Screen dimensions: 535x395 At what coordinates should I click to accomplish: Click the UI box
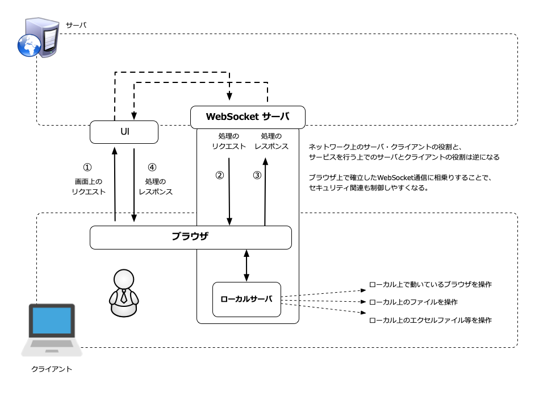[x=124, y=132]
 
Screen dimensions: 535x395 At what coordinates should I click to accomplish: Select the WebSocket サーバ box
[x=248, y=117]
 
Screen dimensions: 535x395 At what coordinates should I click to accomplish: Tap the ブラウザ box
[x=191, y=237]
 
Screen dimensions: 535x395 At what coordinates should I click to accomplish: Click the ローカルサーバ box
[x=246, y=300]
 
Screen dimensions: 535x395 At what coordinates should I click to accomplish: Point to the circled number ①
[x=87, y=167]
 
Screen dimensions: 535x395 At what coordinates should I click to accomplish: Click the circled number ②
[x=220, y=175]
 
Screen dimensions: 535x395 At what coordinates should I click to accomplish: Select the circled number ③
[x=257, y=175]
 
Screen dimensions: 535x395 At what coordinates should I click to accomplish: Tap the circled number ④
[x=152, y=167]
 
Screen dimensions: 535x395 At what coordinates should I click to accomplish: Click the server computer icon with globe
[x=38, y=38]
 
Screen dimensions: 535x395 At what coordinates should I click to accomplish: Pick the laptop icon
[x=52, y=330]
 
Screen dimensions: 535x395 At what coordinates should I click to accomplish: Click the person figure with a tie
[x=124, y=293]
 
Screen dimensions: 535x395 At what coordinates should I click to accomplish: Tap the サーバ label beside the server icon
[x=76, y=25]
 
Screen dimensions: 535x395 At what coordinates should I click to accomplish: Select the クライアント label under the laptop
[x=52, y=369]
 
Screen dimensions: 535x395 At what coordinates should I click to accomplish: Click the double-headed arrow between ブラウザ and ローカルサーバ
[x=246, y=265]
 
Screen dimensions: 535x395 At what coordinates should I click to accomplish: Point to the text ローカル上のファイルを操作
[x=413, y=302]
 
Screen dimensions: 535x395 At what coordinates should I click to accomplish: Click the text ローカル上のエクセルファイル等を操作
[x=430, y=320]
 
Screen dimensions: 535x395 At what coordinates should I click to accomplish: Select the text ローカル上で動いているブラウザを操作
[x=430, y=284]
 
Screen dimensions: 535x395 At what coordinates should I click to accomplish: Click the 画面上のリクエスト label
[x=89, y=187]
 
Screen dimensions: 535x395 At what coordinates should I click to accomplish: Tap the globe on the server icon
[x=30, y=45]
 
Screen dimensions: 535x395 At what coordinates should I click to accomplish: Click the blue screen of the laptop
[x=52, y=320]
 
